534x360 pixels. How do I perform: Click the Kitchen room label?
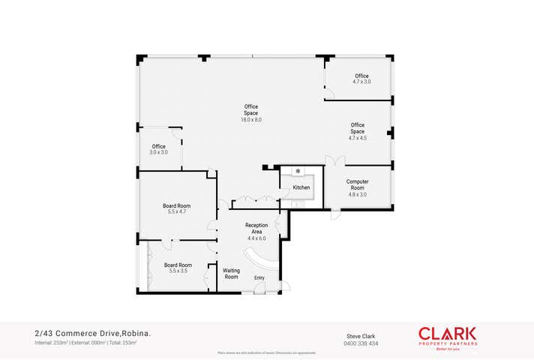point(301,187)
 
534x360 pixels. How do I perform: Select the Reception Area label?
point(256,231)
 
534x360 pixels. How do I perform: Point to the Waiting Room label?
point(231,273)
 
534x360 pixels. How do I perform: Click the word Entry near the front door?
point(259,278)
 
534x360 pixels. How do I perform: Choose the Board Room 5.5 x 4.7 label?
point(176,208)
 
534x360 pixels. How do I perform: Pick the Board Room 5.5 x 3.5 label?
point(178,268)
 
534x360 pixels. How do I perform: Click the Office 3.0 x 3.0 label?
point(158,149)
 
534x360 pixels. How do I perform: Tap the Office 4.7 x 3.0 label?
point(361,79)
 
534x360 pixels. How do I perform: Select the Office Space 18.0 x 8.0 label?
point(250,113)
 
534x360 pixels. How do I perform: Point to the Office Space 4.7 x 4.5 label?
point(357,131)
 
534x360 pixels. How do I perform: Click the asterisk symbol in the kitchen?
point(298,172)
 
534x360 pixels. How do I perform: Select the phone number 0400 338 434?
point(361,343)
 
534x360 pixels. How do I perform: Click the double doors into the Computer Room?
point(335,161)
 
